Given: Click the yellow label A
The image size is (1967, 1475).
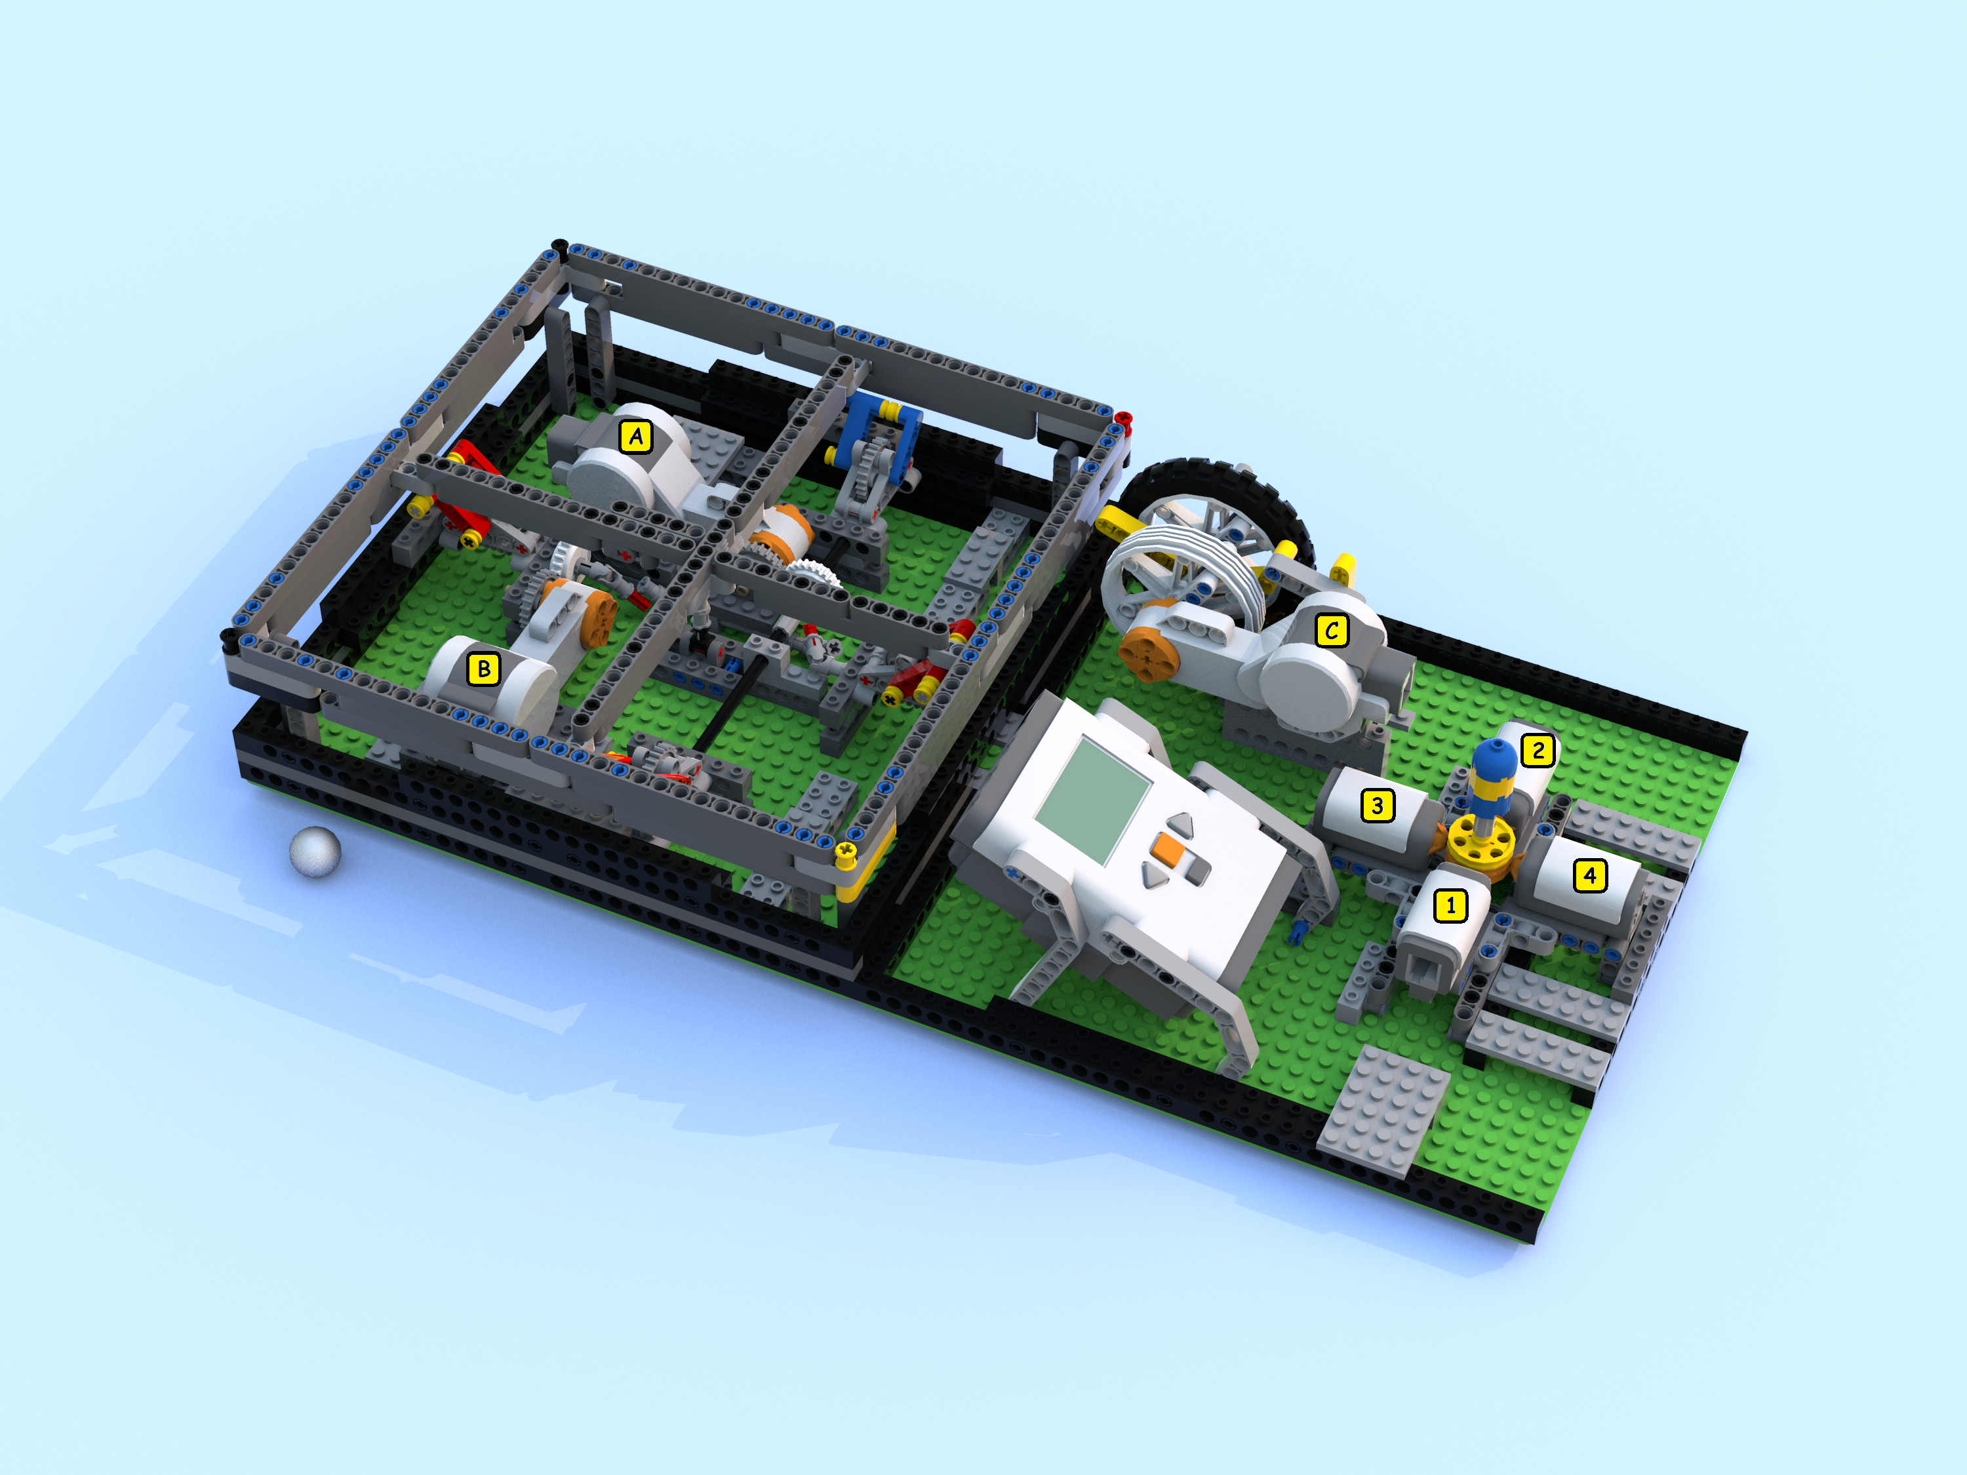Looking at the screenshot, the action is click(x=636, y=437).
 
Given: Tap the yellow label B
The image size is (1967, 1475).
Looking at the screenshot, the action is click(x=484, y=669).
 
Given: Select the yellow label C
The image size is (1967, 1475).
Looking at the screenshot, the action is click(x=1331, y=631).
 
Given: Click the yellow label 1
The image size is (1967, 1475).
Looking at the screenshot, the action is click(x=1450, y=906).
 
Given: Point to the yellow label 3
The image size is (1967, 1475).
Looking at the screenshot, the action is click(x=1378, y=806).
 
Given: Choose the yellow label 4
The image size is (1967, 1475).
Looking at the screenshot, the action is click(x=1590, y=876).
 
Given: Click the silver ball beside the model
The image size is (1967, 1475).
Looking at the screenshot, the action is click(x=315, y=852).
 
